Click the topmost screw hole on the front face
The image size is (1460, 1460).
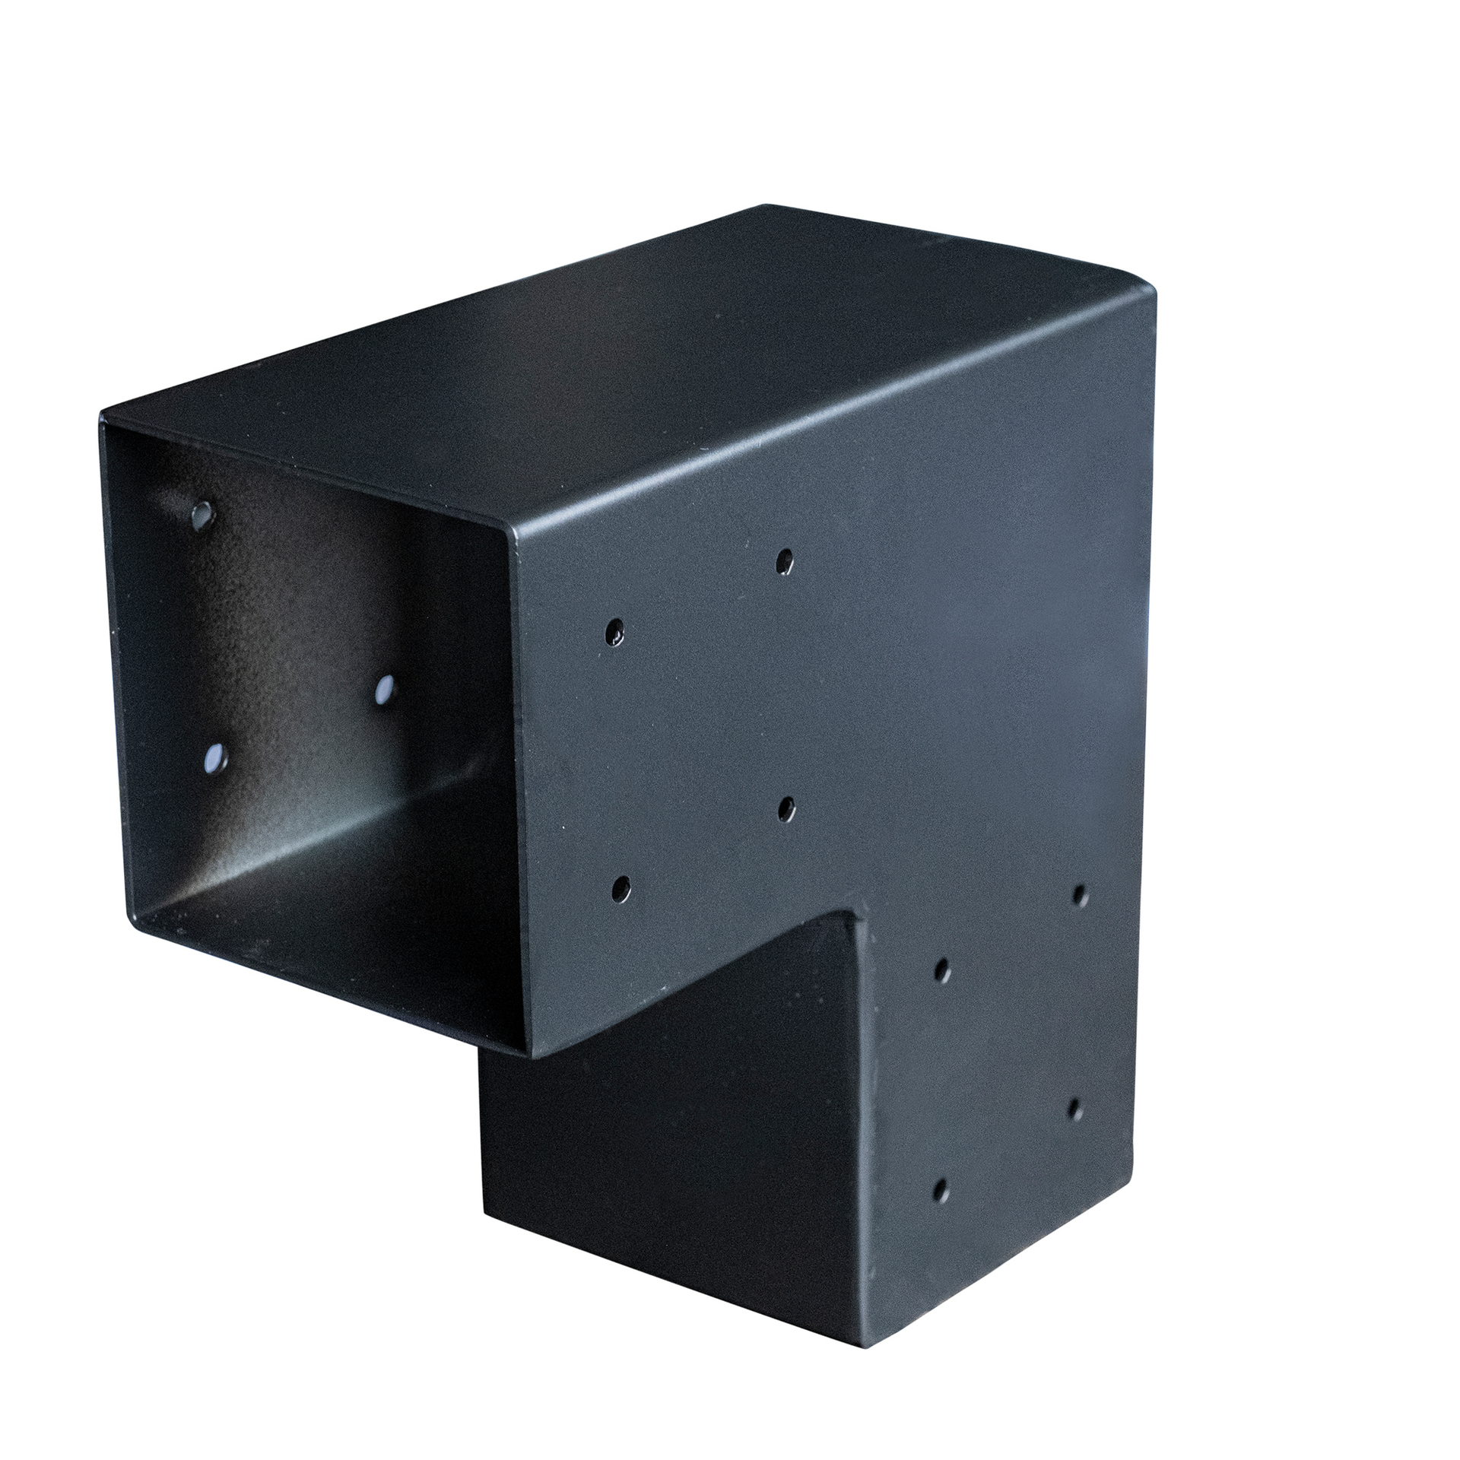coord(784,562)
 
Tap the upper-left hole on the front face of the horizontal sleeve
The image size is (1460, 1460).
coord(614,630)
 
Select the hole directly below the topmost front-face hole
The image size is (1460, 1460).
coord(786,809)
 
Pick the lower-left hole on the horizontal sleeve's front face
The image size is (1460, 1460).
coord(621,888)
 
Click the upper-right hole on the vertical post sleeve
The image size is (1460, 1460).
coord(1080,896)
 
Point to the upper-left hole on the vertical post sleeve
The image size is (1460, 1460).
coord(941,970)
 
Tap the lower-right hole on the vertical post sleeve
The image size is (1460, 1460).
coord(1076,1109)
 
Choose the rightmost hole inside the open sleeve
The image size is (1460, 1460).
coord(386,690)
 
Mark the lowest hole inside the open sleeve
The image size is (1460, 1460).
coord(216,757)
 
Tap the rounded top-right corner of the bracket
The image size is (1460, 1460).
coord(1148,294)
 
